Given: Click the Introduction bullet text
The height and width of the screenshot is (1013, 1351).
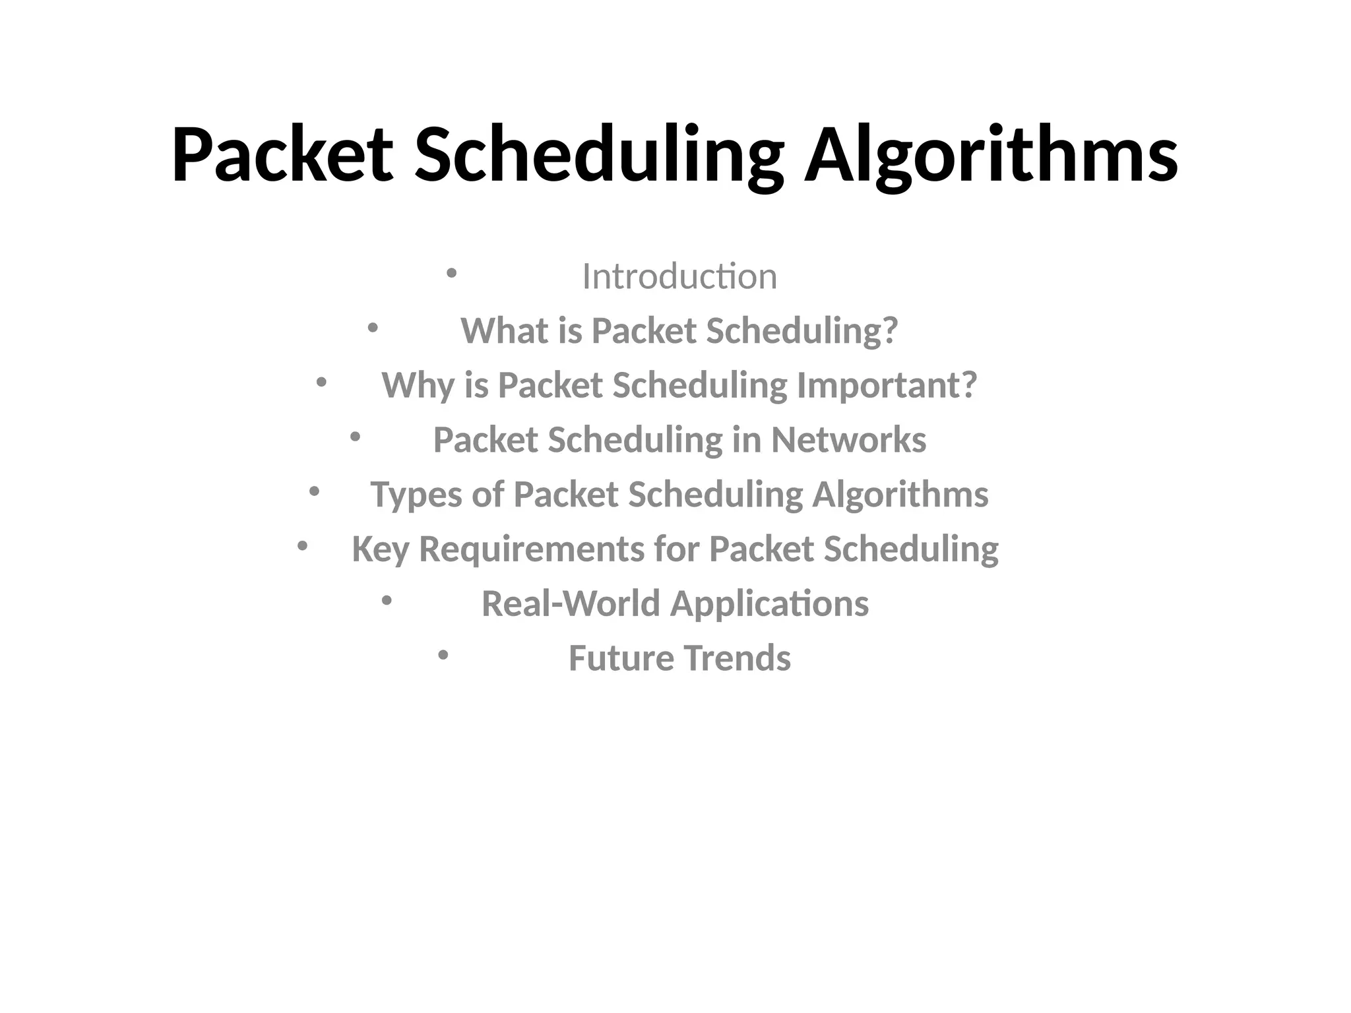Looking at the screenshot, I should point(679,276).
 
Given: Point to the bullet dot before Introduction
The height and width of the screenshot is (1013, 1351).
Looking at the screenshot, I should point(451,272).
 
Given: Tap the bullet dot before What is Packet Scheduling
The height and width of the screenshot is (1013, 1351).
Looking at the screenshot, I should point(373,327).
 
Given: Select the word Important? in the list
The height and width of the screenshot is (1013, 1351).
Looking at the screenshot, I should point(887,386).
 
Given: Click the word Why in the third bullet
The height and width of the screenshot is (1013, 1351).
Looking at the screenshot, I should point(418,386).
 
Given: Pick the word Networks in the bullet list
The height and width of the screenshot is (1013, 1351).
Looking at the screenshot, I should point(848,440).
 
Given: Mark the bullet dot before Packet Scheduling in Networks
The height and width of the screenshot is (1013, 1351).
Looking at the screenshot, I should point(355,436).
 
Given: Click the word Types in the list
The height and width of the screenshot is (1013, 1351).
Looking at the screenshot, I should point(416,495).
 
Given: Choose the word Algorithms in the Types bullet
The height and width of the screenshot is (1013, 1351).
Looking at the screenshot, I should point(900,495).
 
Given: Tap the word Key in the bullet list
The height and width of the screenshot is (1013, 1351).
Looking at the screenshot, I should point(380,549).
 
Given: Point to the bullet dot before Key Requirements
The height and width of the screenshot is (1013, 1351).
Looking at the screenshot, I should point(302,545).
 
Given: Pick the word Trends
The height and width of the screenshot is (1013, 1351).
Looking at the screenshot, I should point(737,658).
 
